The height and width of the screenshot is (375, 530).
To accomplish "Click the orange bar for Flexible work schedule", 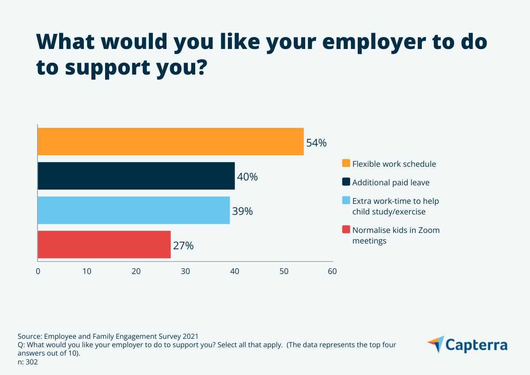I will (170, 142).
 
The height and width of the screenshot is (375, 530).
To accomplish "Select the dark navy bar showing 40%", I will (136, 176).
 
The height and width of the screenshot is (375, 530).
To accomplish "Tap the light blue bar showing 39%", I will (133, 210).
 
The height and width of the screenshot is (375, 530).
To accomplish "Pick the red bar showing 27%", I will (104, 244).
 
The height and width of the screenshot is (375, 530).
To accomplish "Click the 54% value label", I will (316, 143).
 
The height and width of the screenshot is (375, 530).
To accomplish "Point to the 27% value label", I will (183, 246).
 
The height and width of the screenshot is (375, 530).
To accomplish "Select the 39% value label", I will (242, 211).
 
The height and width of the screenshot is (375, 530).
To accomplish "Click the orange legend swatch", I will (346, 164).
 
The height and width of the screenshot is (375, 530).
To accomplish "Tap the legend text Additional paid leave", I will (390, 182).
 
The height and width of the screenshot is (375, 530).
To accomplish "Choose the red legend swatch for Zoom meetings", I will (346, 230).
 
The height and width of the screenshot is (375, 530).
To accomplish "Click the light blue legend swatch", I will (346, 201).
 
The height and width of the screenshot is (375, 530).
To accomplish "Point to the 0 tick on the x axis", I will (38, 271).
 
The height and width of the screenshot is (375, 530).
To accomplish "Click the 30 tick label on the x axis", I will (185, 271).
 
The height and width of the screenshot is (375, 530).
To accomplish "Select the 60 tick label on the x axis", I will (332, 271).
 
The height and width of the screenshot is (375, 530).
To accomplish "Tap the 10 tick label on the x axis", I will (87, 271).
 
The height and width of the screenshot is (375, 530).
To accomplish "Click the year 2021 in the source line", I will (196, 336).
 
